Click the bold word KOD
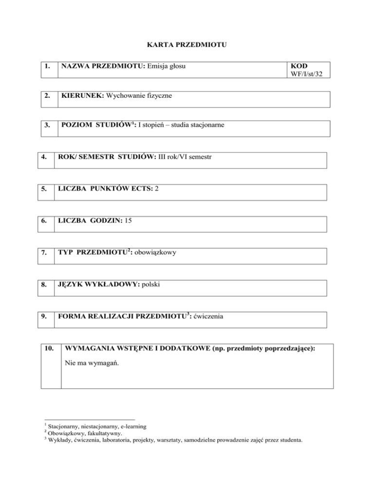click(x=298, y=66)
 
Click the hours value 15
click(x=129, y=221)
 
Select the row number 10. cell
click(x=49, y=349)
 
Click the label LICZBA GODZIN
click(x=92, y=221)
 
